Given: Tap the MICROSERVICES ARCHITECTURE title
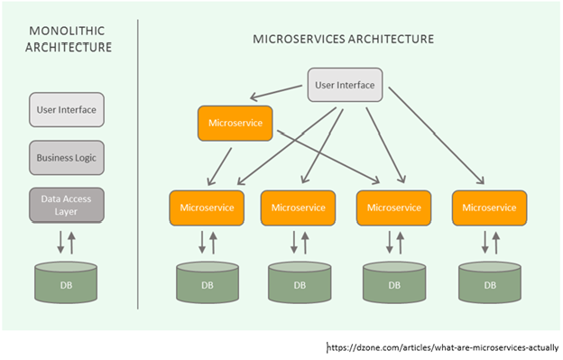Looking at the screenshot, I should click(343, 40).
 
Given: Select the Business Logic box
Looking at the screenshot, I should click(67, 157).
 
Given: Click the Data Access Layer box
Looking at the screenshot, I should click(67, 205).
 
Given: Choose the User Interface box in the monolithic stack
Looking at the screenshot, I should click(67, 110).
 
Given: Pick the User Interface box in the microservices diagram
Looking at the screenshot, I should click(346, 87).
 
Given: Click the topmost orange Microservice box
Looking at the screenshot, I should click(235, 123).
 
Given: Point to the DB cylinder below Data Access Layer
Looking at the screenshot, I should click(67, 282).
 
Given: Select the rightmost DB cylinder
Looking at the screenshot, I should click(490, 282).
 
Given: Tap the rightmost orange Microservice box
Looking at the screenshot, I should click(490, 208).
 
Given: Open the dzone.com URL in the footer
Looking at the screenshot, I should click(442, 346).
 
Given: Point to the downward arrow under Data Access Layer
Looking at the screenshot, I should click(59, 242).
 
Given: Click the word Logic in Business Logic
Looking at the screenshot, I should click(85, 157).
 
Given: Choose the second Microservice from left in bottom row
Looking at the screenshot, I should click(299, 208).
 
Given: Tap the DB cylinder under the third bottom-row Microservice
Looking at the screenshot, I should click(394, 282).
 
